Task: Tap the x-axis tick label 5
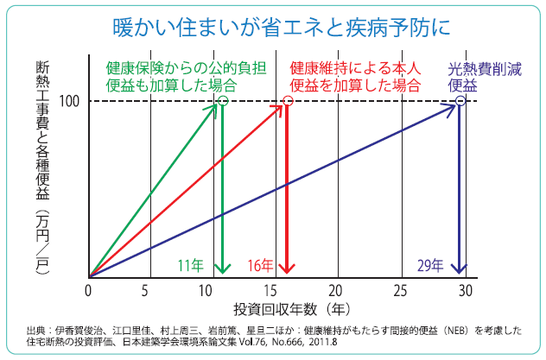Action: [x=150, y=289]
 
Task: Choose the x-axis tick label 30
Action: [x=464, y=289]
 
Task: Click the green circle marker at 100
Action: [x=223, y=102]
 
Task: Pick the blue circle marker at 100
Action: [x=460, y=102]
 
